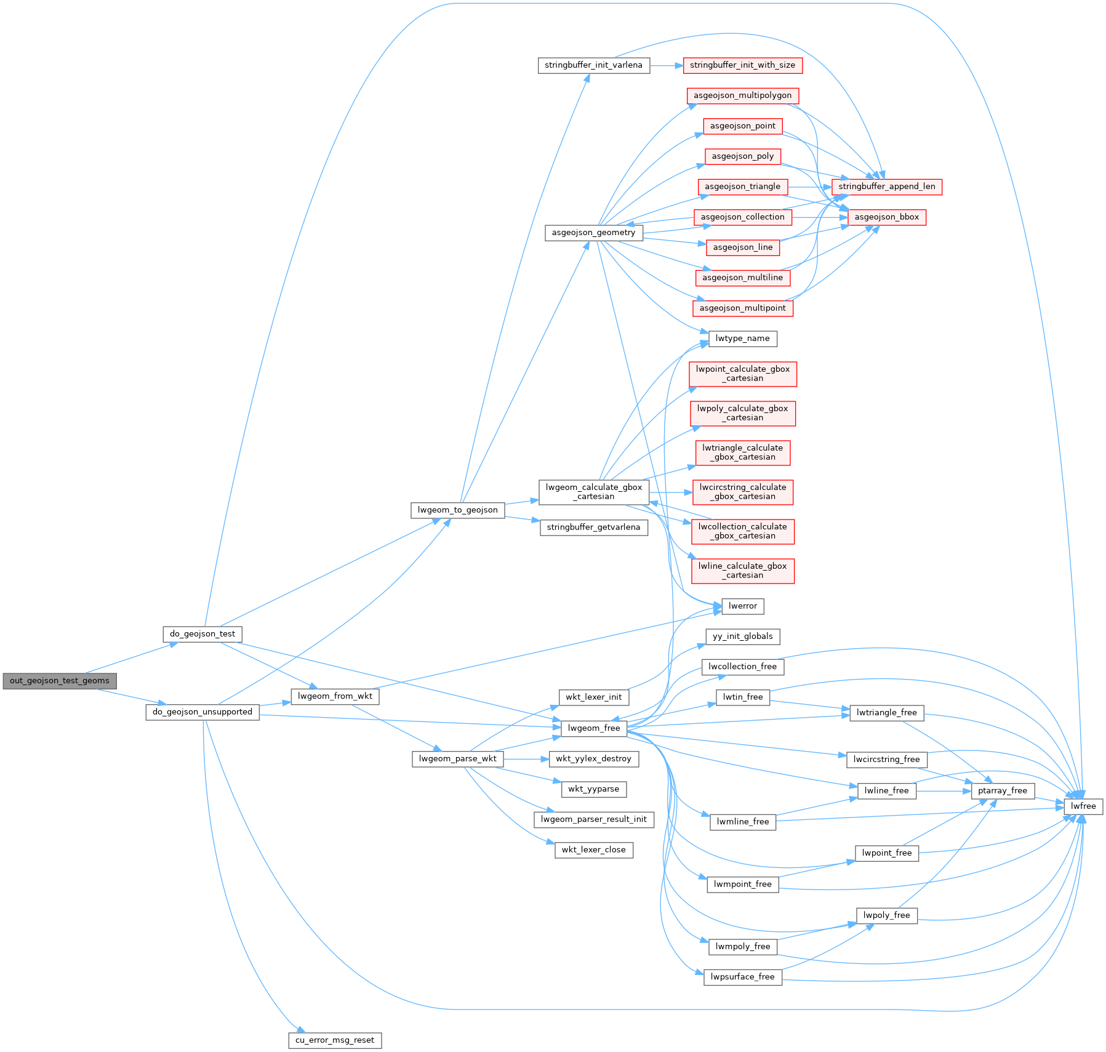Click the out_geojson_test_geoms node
coord(59,681)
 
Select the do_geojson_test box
coord(202,634)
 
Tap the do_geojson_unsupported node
coord(202,712)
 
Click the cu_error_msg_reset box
coord(335,1040)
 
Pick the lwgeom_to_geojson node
coord(457,510)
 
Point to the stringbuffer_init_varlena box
coord(593,65)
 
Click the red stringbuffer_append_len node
coord(886,187)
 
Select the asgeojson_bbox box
coord(886,217)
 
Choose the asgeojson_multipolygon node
coord(742,96)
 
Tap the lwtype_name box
coord(742,339)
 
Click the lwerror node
coord(742,606)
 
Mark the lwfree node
coord(1083,806)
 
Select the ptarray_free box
coord(1003,791)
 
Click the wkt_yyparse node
coord(593,789)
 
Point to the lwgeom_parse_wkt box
coord(457,759)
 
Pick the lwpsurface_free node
coord(742,977)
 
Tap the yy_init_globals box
coord(742,636)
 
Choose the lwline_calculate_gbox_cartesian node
coord(742,571)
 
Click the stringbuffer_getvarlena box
coord(593,528)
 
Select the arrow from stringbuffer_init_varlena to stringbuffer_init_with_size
coord(666,65)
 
